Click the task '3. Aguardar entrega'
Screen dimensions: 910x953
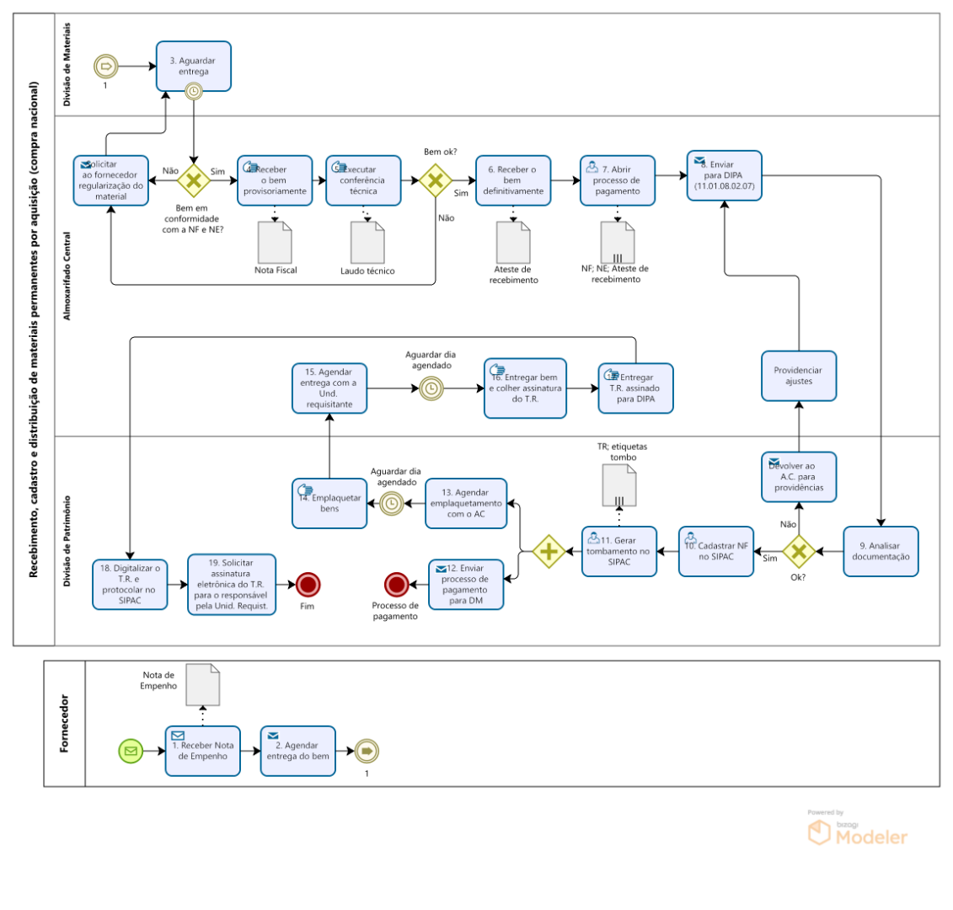193,66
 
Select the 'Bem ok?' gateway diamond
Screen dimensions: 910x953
435,179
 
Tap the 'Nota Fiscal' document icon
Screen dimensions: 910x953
276,242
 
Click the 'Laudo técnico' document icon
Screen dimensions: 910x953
367,243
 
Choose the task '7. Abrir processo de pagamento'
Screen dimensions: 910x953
617,179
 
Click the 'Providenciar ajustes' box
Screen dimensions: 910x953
799,375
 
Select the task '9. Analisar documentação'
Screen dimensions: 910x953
881,551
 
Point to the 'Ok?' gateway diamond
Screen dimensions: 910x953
798,551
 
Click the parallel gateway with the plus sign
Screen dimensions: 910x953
549,551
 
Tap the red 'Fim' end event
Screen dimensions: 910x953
308,584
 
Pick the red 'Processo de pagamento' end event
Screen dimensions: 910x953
396,584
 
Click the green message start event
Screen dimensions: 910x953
130,750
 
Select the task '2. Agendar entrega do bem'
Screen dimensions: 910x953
297,750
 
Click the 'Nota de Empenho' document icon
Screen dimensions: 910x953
202,684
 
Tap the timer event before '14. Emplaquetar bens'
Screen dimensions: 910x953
391,503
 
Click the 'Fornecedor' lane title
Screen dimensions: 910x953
65,723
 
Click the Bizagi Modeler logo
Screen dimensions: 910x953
858,832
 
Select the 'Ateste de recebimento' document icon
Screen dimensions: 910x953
513,242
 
